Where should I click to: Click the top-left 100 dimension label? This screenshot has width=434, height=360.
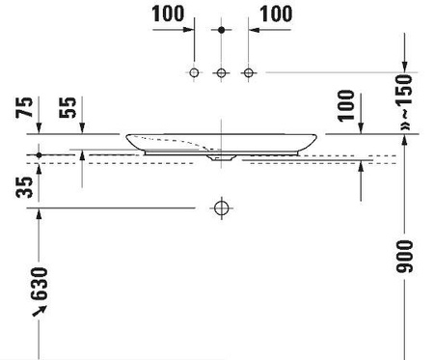[168, 14]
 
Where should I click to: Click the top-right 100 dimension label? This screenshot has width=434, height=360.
[276, 14]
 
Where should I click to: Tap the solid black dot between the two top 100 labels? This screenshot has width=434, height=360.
[221, 30]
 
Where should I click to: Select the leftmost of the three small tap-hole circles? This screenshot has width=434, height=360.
[194, 72]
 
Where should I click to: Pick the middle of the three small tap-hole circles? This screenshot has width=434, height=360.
[221, 73]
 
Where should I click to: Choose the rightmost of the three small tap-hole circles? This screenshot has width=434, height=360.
[248, 72]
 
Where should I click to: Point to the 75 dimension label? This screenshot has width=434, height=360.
[24, 107]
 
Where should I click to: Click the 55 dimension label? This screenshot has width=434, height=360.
[68, 107]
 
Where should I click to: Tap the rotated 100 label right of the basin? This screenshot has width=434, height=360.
[346, 106]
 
